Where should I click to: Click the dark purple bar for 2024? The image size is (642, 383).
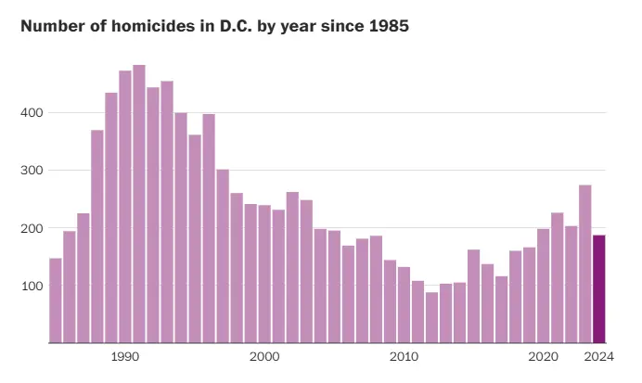coord(598,288)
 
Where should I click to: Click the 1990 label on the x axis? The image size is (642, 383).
coord(124,356)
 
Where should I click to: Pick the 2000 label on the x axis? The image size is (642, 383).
coord(264,356)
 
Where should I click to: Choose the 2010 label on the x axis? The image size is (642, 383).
coord(404,356)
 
